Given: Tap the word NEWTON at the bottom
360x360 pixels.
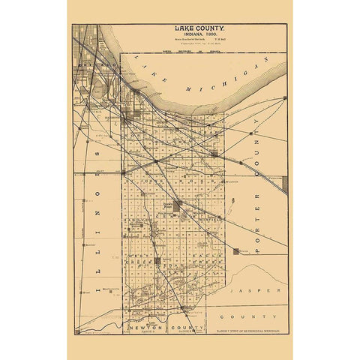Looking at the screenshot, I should (143, 328).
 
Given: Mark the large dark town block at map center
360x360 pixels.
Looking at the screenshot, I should (177, 205).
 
